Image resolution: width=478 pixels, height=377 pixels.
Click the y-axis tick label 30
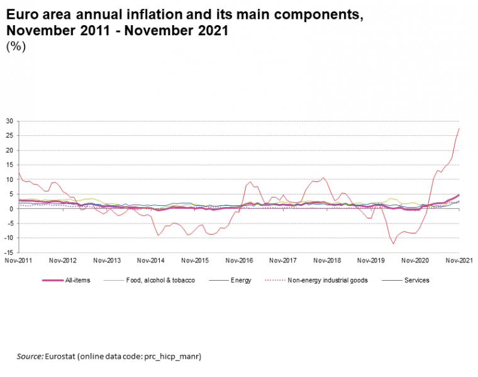click(9, 121)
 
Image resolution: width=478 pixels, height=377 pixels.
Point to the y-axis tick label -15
click(8, 252)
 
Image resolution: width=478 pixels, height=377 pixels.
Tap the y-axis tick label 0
click(11, 209)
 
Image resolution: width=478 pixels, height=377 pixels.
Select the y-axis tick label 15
click(9, 165)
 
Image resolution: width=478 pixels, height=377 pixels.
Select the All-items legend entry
click(77, 280)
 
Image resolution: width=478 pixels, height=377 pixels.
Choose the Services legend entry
click(416, 280)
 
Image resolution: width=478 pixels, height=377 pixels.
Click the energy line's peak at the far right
click(459, 128)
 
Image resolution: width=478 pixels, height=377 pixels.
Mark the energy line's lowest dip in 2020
click(393, 244)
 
